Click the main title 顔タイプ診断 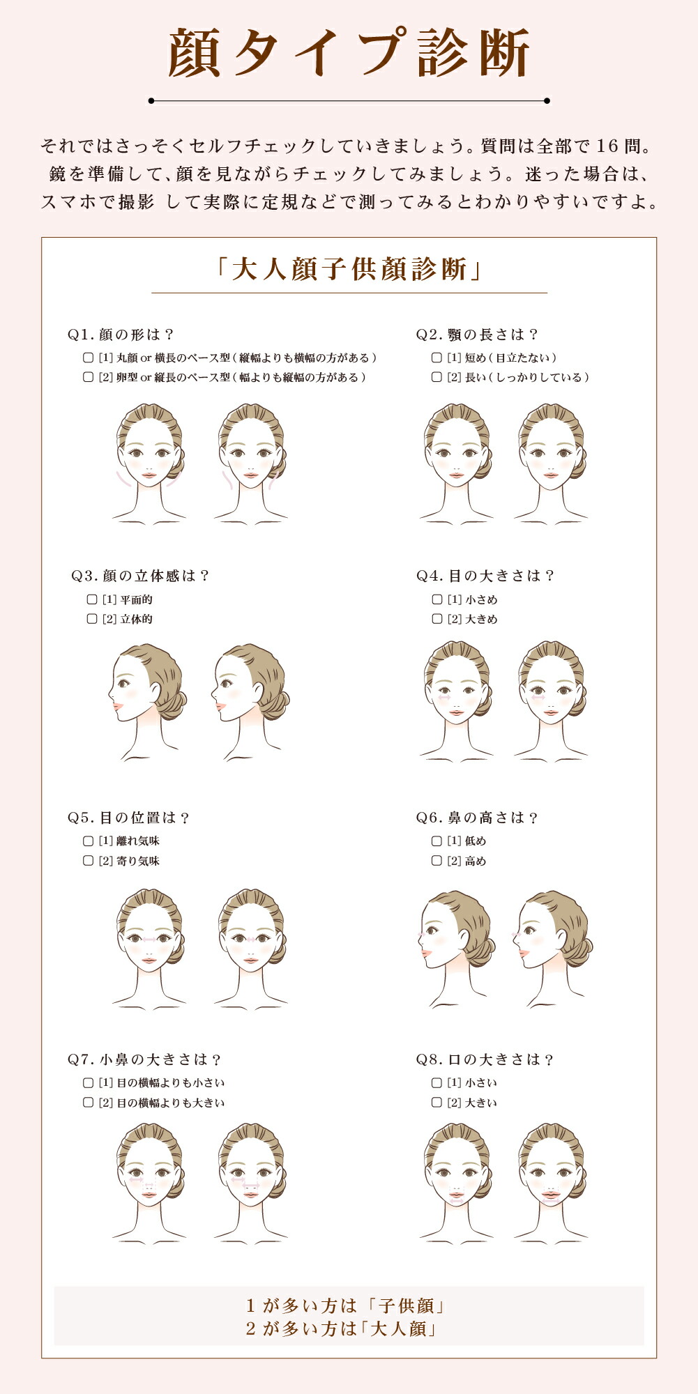click(349, 53)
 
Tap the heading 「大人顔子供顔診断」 click(349, 269)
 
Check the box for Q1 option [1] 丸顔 click(88, 358)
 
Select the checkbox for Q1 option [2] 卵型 click(88, 377)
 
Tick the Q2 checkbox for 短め click(437, 358)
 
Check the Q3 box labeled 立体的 click(91, 619)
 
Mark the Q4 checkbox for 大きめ click(437, 619)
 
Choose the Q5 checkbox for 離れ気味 click(88, 841)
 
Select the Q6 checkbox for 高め click(437, 861)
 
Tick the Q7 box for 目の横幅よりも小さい click(88, 1083)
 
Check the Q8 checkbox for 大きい click(437, 1103)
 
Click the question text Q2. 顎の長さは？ click(478, 335)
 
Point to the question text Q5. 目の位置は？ click(129, 818)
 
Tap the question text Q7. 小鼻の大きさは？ click(145, 1059)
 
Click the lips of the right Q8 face click(551, 1196)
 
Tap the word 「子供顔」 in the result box click(407, 1305)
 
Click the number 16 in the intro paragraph click(607, 146)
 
